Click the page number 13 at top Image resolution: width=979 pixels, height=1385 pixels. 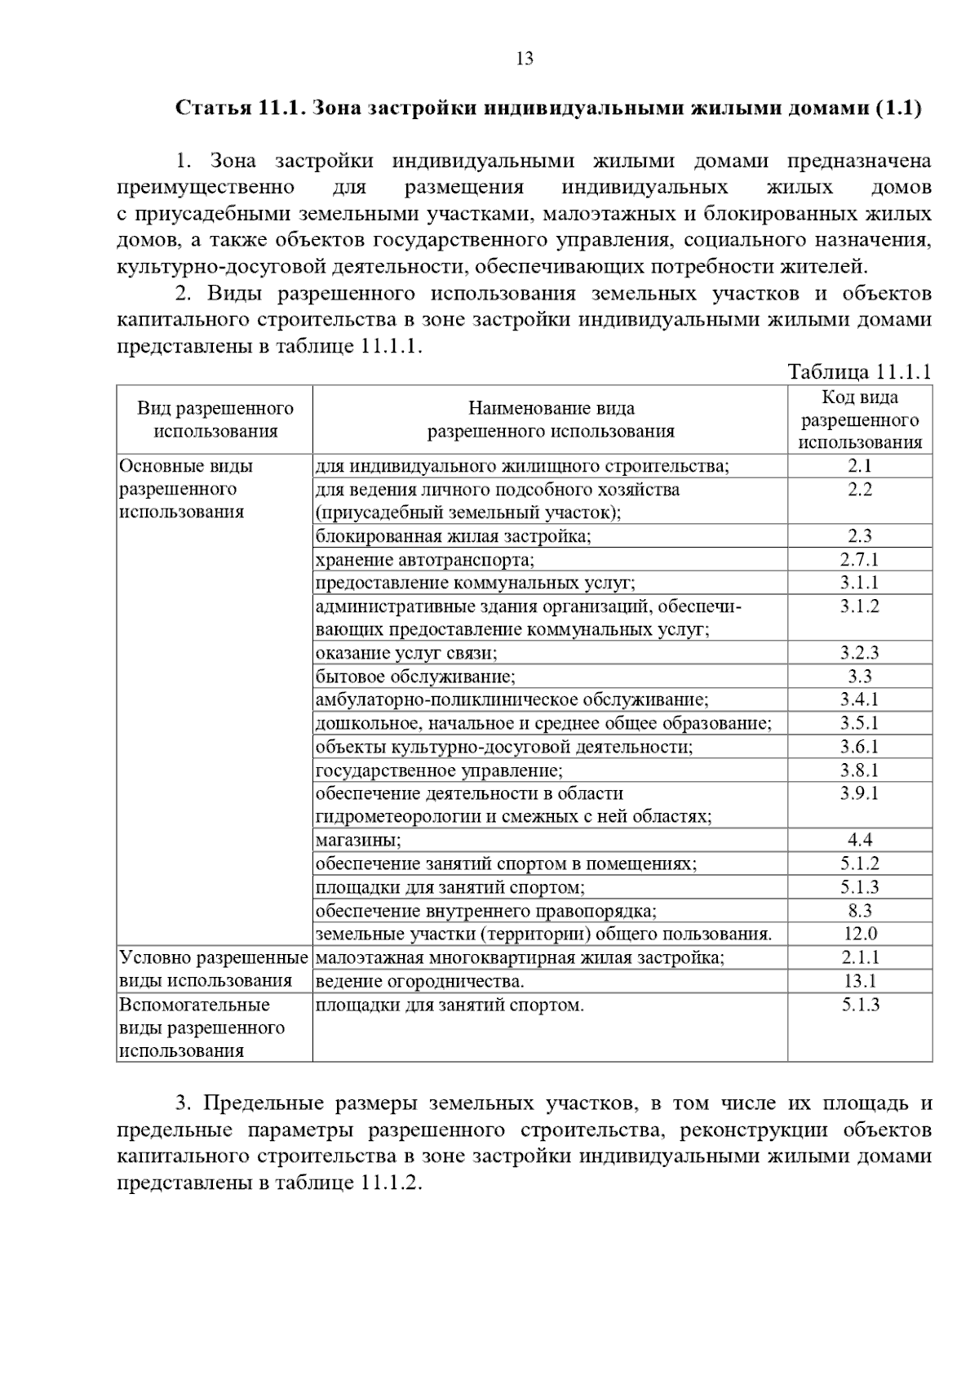525,59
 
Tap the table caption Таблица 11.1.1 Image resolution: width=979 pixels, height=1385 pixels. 859,372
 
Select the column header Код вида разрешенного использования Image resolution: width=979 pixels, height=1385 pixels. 859,420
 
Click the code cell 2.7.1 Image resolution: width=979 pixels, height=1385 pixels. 859,560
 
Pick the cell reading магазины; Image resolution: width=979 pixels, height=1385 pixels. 358,840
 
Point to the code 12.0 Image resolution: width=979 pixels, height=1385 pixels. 860,934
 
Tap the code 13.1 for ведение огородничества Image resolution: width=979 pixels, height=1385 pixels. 860,981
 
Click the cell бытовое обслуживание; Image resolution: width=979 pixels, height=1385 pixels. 415,677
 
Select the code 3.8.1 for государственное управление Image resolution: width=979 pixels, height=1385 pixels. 859,770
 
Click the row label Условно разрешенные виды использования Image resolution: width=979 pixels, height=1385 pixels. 214,969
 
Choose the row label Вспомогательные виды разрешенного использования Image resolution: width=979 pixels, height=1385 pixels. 202,1028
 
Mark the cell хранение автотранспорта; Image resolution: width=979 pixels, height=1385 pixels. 424,560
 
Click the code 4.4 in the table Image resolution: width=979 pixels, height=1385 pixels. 860,840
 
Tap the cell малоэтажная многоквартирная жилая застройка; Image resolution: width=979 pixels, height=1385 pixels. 520,957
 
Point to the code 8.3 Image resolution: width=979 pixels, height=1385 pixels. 860,911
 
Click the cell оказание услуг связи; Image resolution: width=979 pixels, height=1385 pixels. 406,653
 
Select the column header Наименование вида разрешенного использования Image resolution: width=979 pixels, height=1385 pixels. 551,419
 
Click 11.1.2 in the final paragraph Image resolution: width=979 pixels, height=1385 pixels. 388,1183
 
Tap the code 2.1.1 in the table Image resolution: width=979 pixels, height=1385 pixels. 860,957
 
